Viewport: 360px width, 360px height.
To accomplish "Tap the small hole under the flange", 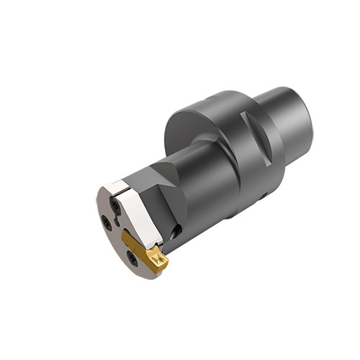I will (264, 194).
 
